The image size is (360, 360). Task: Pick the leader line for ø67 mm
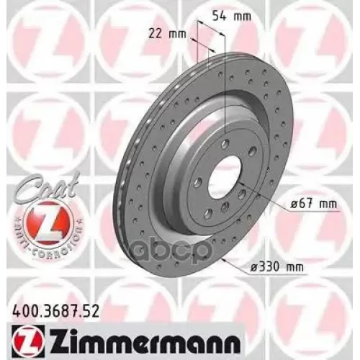point(270,197)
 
